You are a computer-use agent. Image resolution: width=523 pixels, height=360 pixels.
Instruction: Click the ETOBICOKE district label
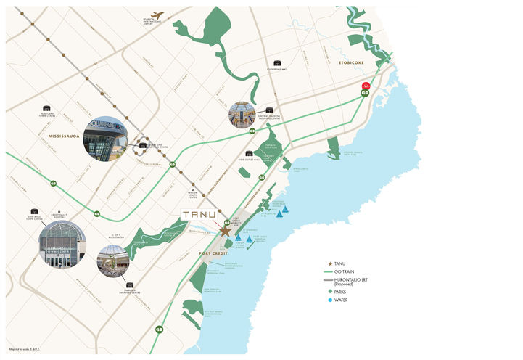pos(351,63)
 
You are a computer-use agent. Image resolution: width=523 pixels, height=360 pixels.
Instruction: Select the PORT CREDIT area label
pos(214,253)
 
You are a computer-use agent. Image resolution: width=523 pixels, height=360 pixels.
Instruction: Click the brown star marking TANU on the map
pos(225,231)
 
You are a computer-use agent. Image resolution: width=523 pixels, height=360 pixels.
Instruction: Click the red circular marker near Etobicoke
pos(366,86)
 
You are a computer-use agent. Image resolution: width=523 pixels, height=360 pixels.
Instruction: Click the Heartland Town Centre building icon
pos(47,108)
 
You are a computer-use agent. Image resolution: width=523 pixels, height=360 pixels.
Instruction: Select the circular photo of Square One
pos(104,138)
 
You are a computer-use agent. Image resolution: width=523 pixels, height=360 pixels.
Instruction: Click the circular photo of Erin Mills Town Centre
pos(61,244)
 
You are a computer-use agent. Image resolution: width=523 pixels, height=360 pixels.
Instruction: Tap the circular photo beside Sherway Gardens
pos(241,115)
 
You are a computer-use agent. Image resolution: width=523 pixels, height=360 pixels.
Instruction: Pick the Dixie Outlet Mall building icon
pos(249,153)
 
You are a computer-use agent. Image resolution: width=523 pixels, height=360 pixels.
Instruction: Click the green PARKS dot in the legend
pos(331,291)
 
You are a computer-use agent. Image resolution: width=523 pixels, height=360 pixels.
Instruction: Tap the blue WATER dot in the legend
pos(331,300)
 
